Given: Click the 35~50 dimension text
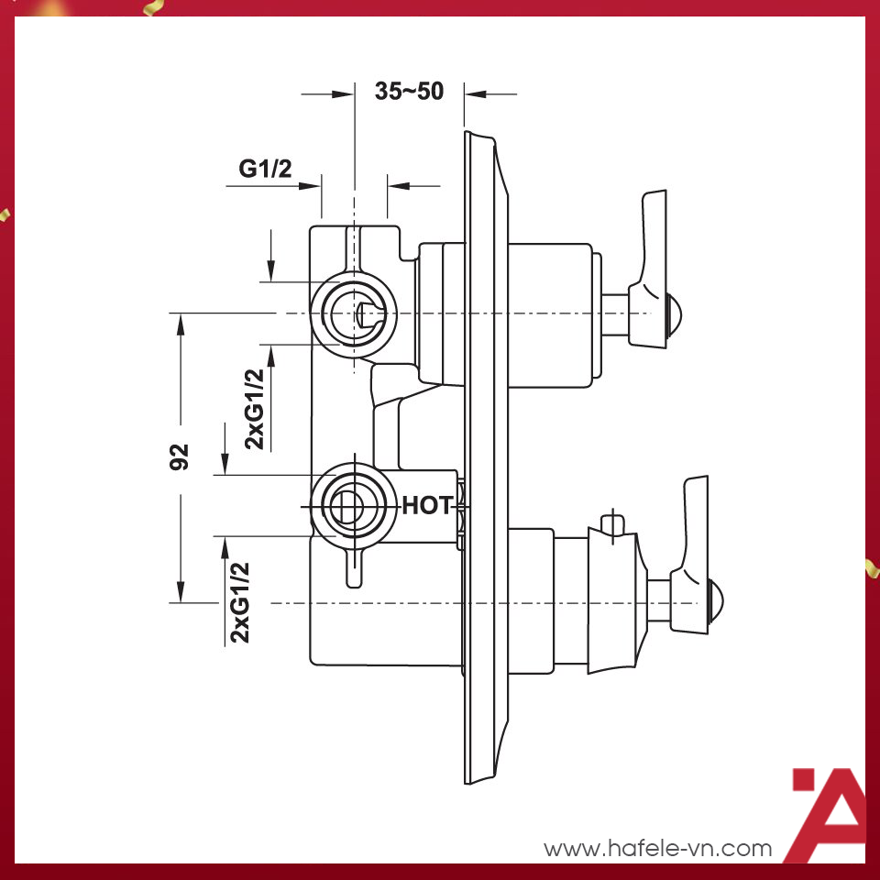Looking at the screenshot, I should [x=409, y=92].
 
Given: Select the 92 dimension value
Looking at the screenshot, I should [x=181, y=456].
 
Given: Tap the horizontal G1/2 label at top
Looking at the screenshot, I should [x=265, y=168].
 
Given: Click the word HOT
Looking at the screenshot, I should [x=427, y=505].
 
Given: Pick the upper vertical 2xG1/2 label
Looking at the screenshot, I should [x=256, y=409].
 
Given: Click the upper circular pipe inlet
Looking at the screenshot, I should [x=355, y=313].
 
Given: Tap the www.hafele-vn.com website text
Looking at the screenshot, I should [x=658, y=849].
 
